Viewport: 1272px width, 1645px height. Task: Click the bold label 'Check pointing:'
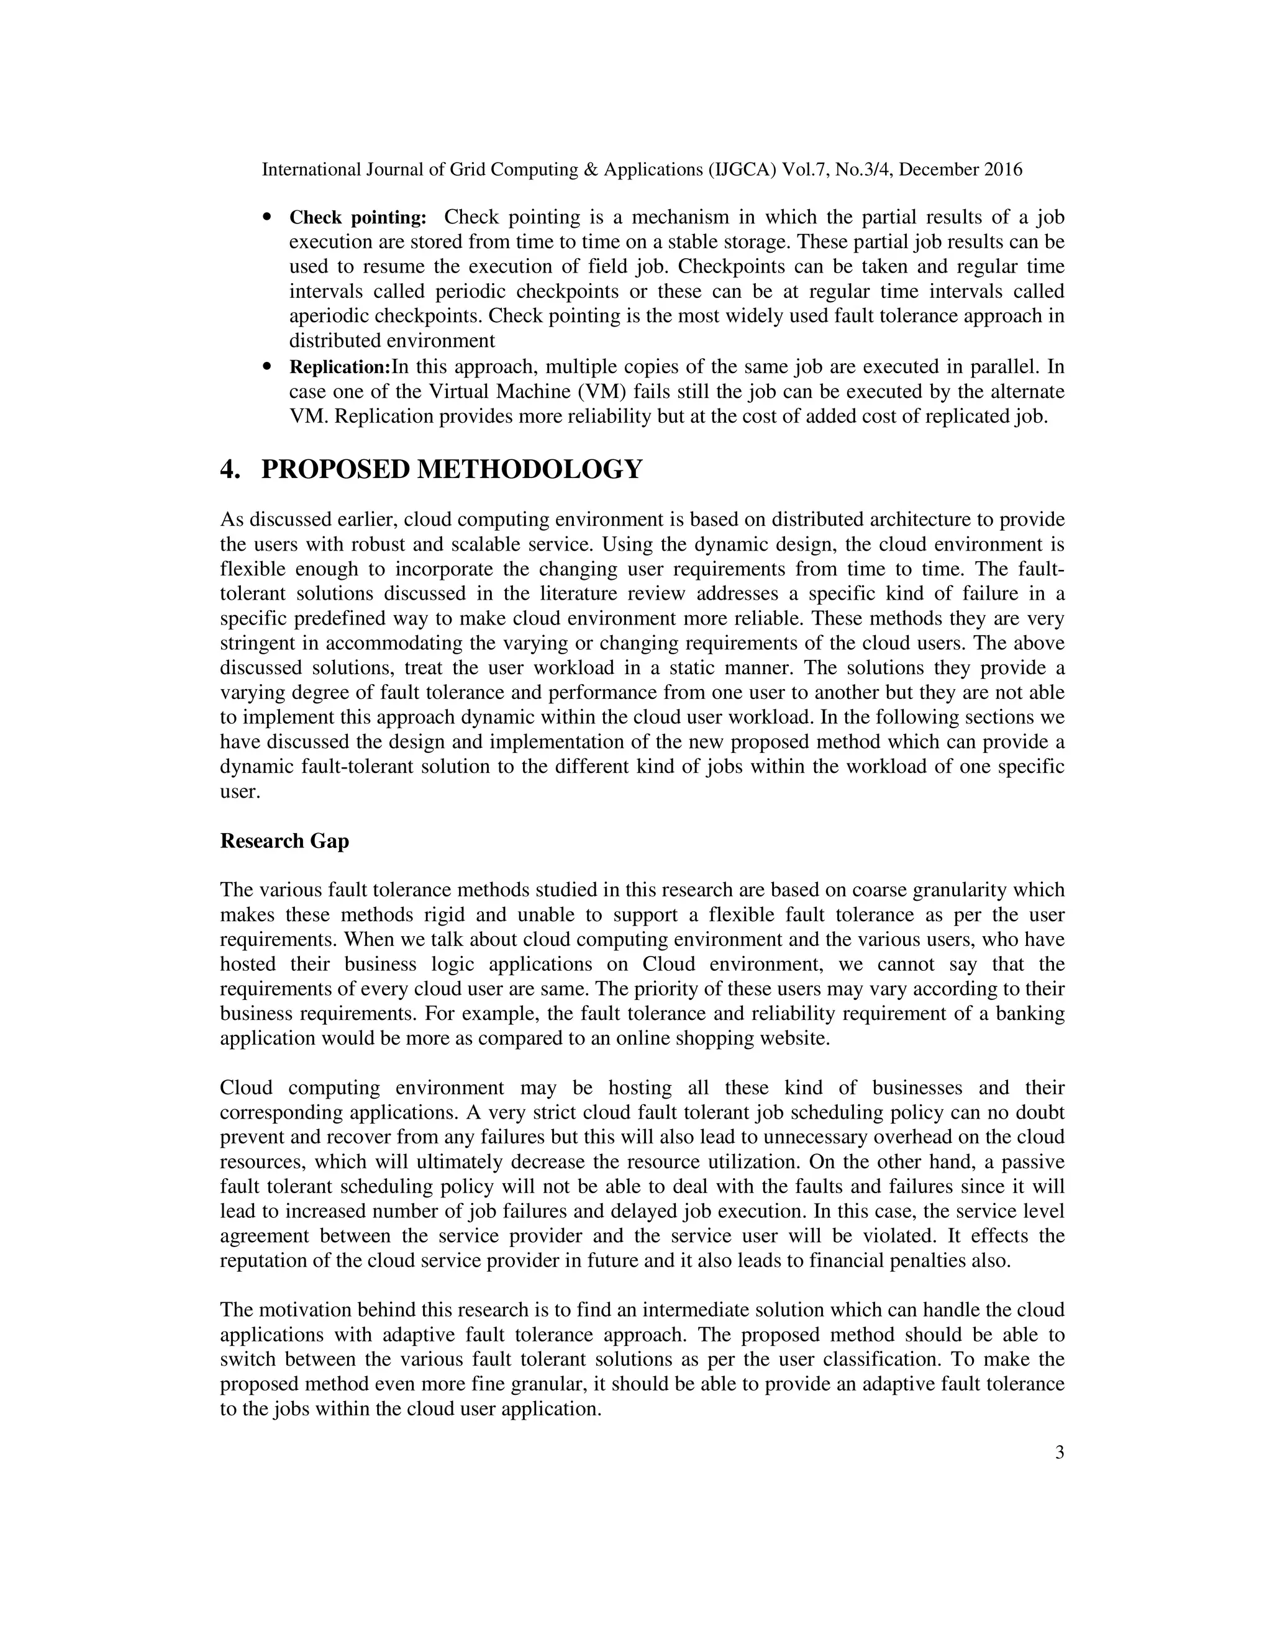coord(358,219)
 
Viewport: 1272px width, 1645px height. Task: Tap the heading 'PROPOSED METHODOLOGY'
coord(452,469)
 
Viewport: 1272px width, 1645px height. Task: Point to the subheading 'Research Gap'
coord(284,841)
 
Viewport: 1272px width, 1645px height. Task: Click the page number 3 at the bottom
coord(1060,1474)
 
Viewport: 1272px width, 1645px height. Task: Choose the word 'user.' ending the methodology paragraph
coord(240,792)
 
